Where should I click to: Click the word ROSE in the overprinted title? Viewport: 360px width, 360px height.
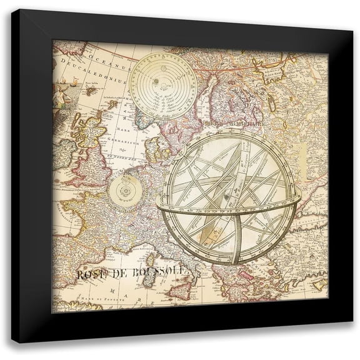91,273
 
